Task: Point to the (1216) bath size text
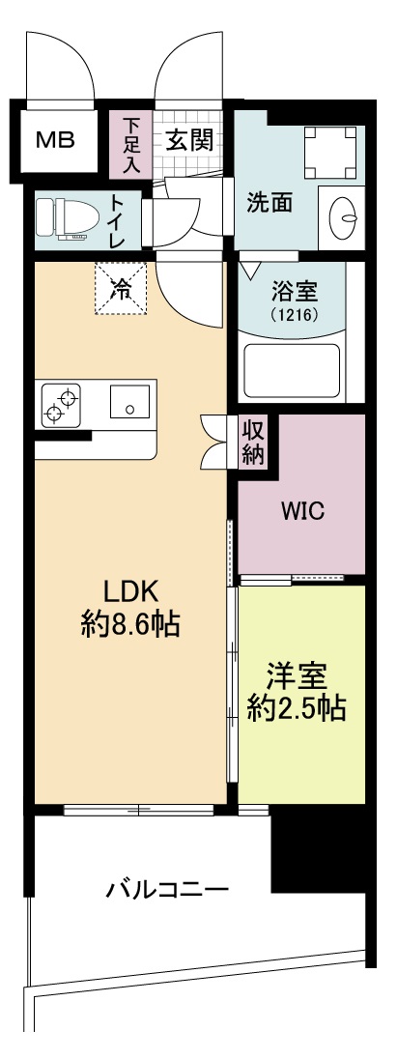pyautogui.click(x=293, y=315)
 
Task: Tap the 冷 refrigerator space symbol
pyautogui.click(x=120, y=287)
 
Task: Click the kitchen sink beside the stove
pyautogui.click(x=128, y=402)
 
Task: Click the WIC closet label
pyautogui.click(x=302, y=510)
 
